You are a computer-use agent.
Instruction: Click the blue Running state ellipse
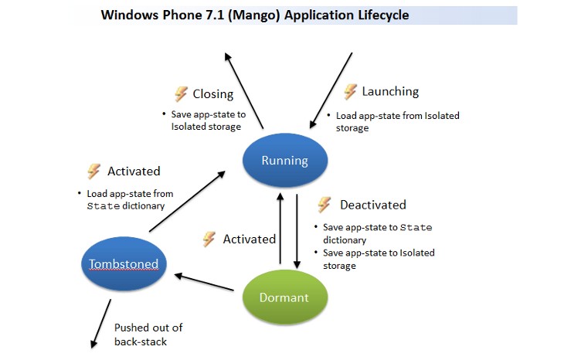(x=285, y=160)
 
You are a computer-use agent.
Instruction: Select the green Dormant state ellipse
(x=285, y=297)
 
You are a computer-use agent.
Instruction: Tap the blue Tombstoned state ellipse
(x=124, y=263)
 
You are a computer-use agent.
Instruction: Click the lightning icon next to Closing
(x=181, y=93)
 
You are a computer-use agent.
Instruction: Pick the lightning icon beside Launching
(x=350, y=91)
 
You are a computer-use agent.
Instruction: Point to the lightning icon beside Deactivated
(x=325, y=205)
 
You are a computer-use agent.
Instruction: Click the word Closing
(x=213, y=94)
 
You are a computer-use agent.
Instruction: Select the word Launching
(x=390, y=91)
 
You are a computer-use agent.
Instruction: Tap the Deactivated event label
(x=373, y=205)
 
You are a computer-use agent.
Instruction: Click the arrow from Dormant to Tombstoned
(x=204, y=283)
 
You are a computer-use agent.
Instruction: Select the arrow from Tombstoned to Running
(x=187, y=202)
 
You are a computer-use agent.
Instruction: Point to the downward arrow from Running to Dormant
(x=297, y=231)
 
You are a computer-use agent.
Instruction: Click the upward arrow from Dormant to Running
(x=280, y=228)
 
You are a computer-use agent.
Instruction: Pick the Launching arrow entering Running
(x=331, y=90)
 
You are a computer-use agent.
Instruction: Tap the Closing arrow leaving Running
(x=244, y=90)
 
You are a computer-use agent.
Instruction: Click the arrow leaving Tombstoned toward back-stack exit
(x=101, y=324)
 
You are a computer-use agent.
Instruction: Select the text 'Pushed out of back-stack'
(x=148, y=335)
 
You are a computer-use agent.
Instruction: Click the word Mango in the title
(x=254, y=15)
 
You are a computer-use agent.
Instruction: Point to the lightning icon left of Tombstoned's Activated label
(x=94, y=171)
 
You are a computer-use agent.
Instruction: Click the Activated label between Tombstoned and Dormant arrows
(x=250, y=239)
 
